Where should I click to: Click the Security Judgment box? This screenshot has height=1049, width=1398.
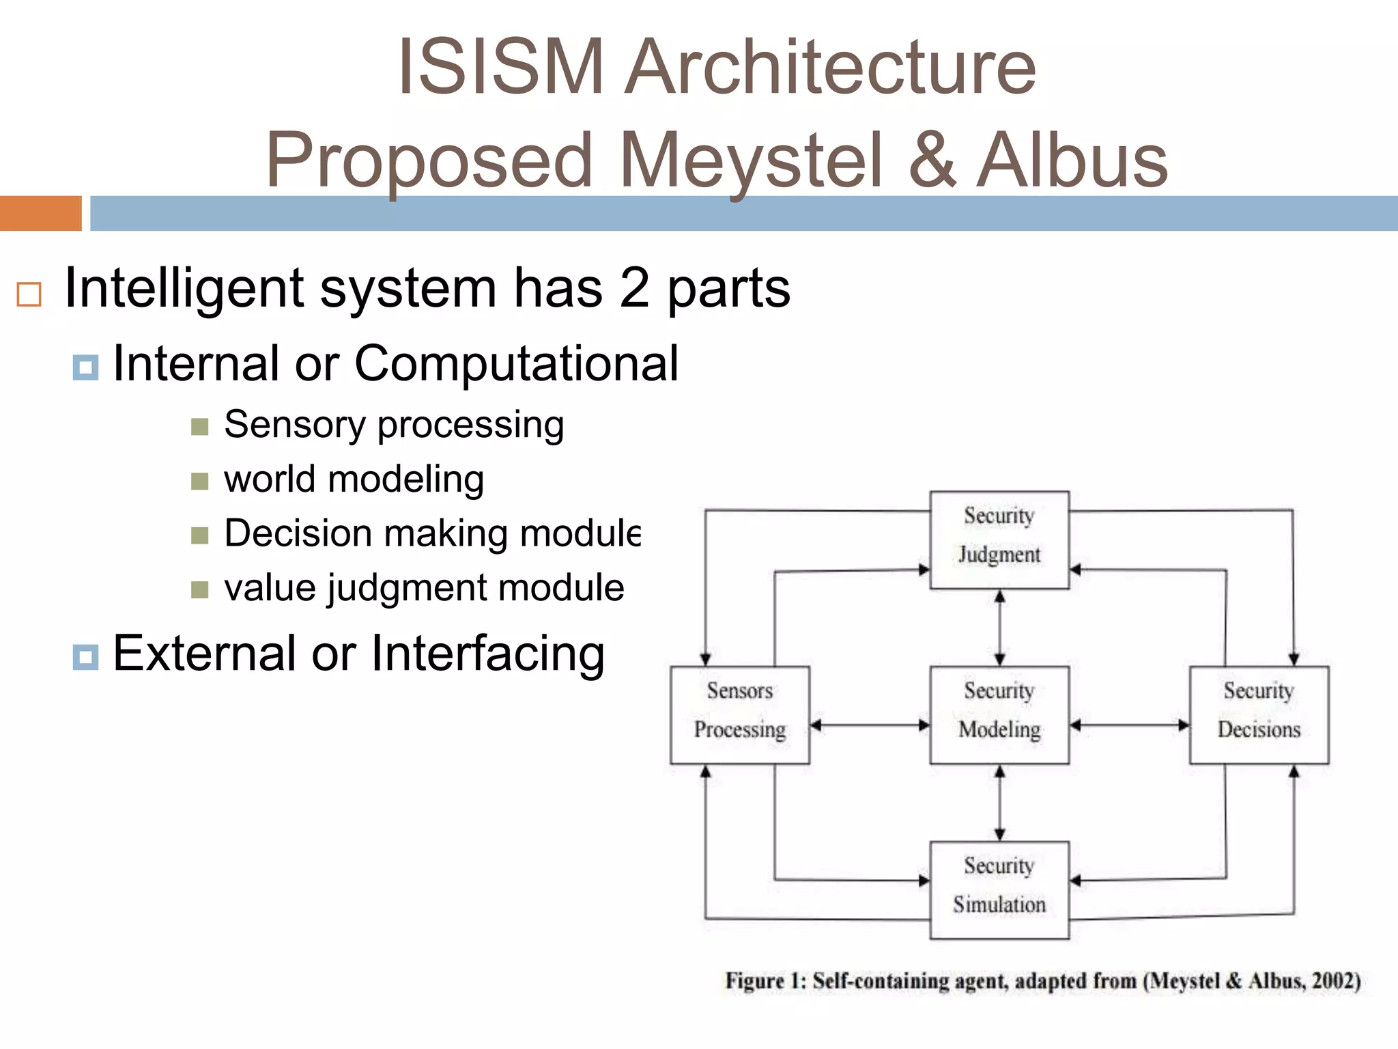click(999, 540)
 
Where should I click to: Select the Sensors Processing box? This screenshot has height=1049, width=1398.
click(740, 714)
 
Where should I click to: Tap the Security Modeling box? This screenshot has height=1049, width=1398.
click(999, 714)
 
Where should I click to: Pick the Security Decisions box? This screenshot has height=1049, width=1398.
click(1259, 714)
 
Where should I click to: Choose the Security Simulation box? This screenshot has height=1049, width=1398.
click(999, 890)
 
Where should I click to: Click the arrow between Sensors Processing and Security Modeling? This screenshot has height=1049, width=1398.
click(870, 725)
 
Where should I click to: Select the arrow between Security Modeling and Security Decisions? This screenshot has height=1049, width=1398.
click(1129, 725)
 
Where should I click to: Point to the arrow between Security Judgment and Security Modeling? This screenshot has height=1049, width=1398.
click(999, 628)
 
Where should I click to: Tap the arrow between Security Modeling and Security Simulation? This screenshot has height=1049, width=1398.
click(999, 802)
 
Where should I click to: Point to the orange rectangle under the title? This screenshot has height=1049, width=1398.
click(40, 213)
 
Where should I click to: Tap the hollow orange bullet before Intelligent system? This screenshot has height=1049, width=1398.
click(29, 294)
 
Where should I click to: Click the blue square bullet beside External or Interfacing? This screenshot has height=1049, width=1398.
click(85, 657)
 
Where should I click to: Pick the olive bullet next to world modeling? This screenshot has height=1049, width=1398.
click(199, 481)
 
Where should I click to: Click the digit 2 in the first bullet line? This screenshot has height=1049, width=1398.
click(634, 288)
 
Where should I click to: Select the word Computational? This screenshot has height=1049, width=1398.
click(516, 363)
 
